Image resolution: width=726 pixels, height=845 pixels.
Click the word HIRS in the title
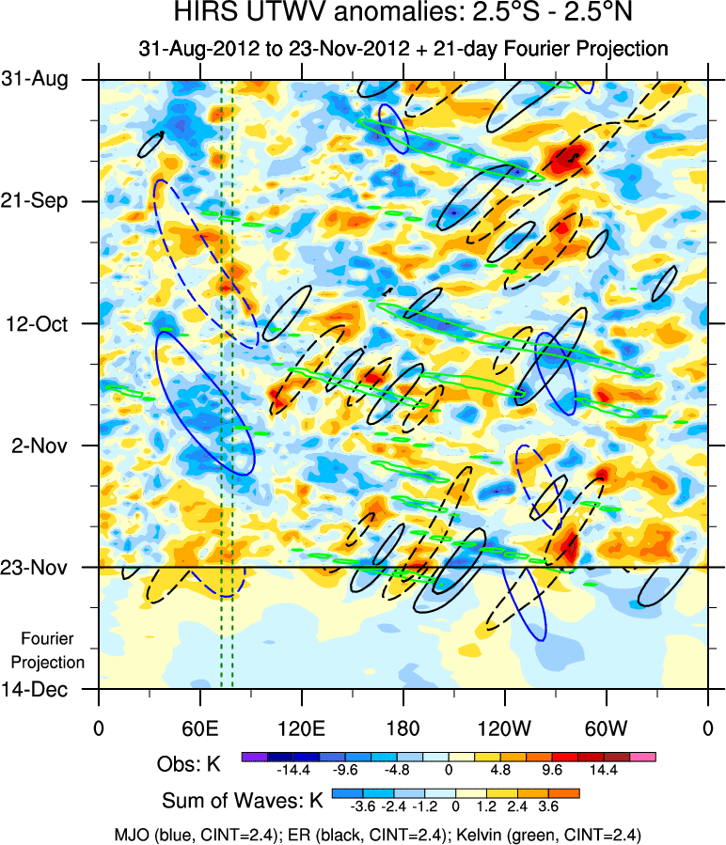tap(198, 14)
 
